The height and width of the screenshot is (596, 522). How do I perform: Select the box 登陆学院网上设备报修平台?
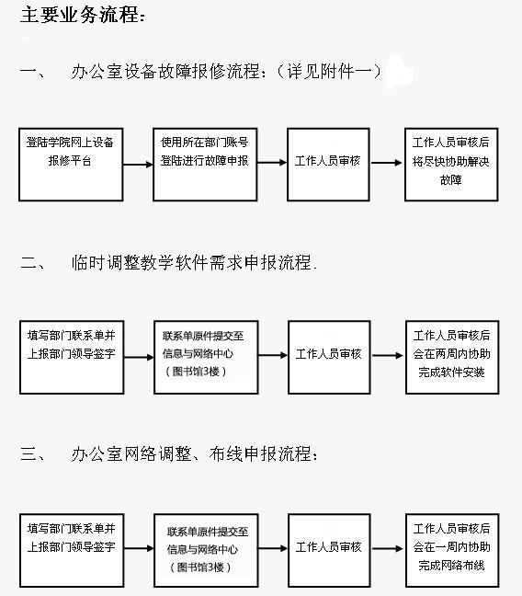[x=71, y=165]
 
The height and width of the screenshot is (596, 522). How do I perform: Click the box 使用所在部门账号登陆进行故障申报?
[x=205, y=165]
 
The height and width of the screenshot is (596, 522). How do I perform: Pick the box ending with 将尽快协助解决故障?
[x=451, y=165]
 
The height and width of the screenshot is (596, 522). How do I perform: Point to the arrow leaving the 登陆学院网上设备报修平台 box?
[x=138, y=165]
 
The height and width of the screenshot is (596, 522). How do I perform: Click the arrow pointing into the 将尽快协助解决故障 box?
[x=386, y=163]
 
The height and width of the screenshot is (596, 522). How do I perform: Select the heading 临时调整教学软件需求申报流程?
[x=191, y=263]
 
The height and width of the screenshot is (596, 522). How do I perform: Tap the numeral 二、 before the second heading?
[x=32, y=263]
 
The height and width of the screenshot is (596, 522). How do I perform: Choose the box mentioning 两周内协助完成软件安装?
[x=452, y=357]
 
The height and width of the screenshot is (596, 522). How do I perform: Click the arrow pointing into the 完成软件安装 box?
[x=388, y=356]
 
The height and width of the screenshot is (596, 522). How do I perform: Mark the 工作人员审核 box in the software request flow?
[x=329, y=357]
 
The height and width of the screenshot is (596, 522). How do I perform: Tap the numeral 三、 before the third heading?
[x=32, y=453]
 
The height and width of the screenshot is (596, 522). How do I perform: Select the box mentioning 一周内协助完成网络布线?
[x=452, y=550]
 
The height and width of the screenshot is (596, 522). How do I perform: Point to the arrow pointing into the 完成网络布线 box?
[x=388, y=548]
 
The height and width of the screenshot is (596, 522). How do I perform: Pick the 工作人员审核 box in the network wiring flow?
[x=329, y=550]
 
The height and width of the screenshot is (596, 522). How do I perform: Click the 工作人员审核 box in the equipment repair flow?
[x=328, y=165]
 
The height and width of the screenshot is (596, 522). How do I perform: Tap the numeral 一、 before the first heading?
[x=32, y=71]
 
